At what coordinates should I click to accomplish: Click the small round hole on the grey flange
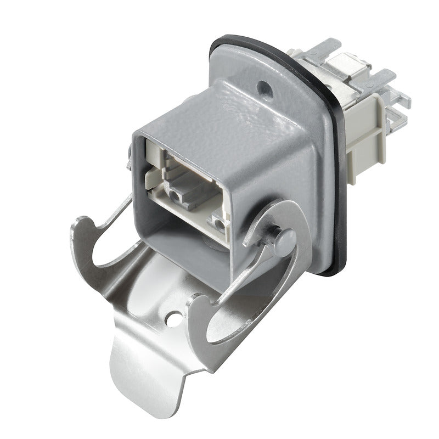264,86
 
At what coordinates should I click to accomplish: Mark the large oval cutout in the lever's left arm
102,258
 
